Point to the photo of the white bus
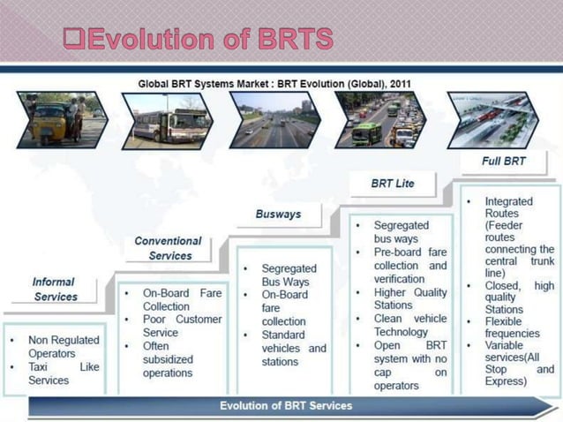pyautogui.click(x=167, y=120)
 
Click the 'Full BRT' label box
pyautogui.click(x=504, y=162)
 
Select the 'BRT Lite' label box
pyautogui.click(x=392, y=184)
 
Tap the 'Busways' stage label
pyautogui.click(x=278, y=215)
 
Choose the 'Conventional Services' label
pyautogui.click(x=168, y=248)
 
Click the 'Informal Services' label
pyautogui.click(x=54, y=290)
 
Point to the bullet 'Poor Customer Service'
pyautogui.click(x=182, y=326)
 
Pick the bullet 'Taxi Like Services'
pyautogui.click(x=62, y=373)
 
